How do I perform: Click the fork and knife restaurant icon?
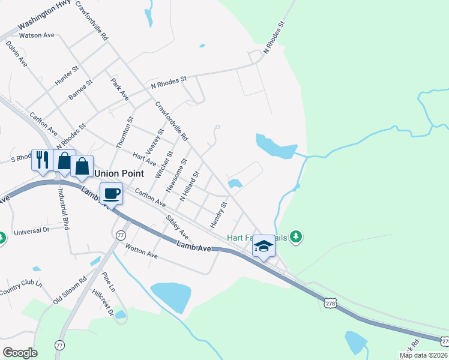pyautogui.click(x=41, y=160)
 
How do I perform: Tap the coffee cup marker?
pyautogui.click(x=112, y=194)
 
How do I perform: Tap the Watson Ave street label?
pyautogui.click(x=37, y=35)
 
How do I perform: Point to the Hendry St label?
pyautogui.click(x=218, y=214)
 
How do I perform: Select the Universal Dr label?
pyautogui.click(x=31, y=230)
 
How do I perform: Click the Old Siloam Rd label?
pyautogui.click(x=70, y=289)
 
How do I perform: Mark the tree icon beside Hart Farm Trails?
pyautogui.click(x=295, y=237)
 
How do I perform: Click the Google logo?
pyautogui.click(x=20, y=353)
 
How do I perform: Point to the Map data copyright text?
pyautogui.click(x=424, y=355)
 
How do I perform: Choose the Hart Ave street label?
pyautogui.click(x=144, y=159)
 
